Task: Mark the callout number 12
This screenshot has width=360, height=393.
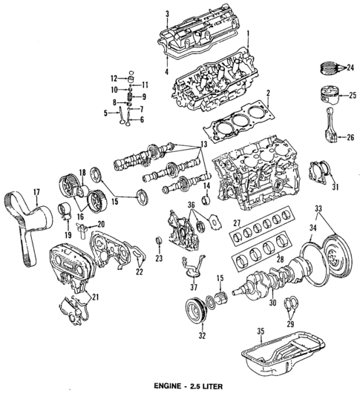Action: click(x=114, y=78)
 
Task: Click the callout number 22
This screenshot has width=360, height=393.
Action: click(x=137, y=272)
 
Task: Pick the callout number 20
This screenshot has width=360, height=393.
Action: click(x=102, y=224)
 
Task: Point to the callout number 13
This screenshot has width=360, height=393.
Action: click(x=203, y=143)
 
